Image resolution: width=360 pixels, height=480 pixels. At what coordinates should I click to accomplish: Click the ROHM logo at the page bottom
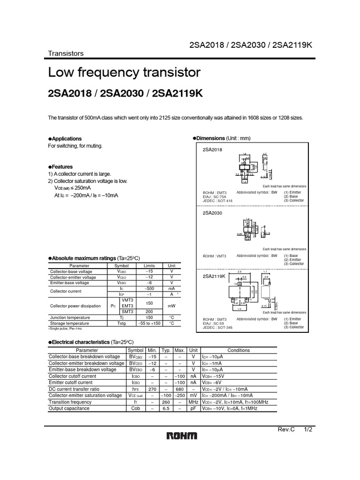182,436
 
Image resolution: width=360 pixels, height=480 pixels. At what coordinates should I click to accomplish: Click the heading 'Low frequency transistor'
124,73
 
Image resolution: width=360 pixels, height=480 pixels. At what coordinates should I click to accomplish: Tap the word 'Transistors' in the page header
66,53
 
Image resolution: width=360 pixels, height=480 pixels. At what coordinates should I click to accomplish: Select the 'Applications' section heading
67,139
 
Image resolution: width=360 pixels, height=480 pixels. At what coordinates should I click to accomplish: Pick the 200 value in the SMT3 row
149,311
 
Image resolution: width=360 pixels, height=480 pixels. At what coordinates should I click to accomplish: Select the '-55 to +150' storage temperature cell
149,323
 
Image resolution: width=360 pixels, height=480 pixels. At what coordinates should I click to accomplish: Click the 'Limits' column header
149,265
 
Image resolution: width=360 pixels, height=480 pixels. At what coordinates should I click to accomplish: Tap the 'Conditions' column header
239,350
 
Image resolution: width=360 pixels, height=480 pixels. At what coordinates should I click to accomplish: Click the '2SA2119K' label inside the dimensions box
214,277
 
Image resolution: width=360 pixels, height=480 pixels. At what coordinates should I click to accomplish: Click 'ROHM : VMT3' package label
214,256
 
